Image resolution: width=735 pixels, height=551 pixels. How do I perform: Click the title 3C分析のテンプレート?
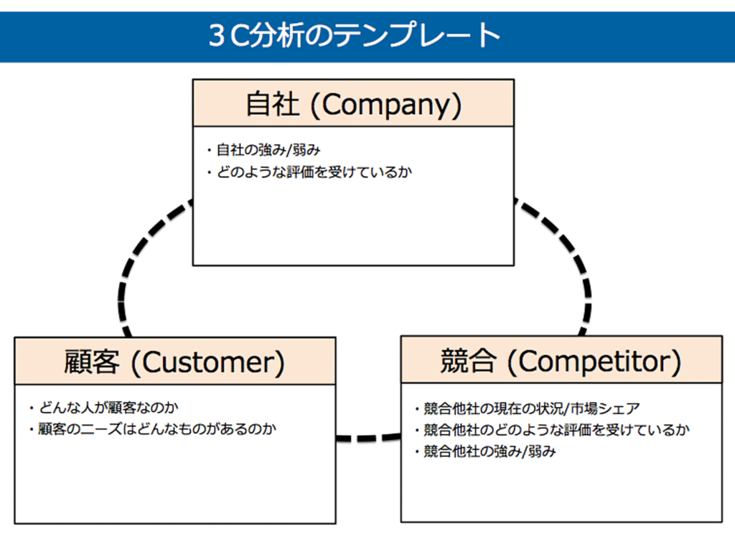[x=355, y=36]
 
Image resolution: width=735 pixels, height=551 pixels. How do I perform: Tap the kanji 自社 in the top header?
[x=272, y=104]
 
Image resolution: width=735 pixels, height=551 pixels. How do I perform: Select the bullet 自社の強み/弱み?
[x=268, y=151]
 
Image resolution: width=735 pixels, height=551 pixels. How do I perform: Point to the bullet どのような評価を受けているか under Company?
[x=314, y=172]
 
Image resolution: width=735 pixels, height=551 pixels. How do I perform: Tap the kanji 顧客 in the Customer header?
[x=91, y=362]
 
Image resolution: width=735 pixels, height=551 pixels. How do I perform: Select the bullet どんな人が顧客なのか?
[x=108, y=408]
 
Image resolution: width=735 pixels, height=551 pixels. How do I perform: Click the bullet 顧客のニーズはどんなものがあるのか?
[x=157, y=429]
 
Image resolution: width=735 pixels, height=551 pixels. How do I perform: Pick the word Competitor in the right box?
[x=594, y=362]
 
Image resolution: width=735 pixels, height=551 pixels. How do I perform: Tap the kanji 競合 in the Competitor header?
[x=467, y=362]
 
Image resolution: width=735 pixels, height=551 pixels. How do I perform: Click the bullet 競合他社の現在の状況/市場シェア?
[x=532, y=408]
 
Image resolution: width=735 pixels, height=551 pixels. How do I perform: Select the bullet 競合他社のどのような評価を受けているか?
[x=556, y=430]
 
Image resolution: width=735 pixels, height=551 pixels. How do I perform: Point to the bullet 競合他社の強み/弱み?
[x=490, y=451]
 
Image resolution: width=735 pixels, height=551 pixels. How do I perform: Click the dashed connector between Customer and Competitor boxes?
[x=368, y=438]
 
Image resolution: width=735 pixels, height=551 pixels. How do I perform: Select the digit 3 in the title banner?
[x=217, y=36]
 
